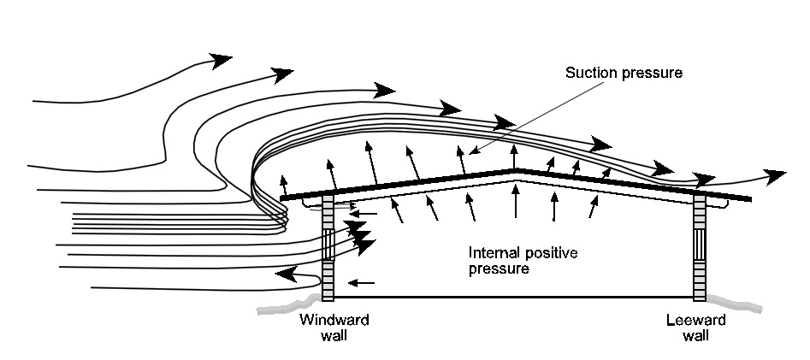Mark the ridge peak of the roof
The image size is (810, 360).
(515, 171)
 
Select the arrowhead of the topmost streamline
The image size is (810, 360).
(222, 59)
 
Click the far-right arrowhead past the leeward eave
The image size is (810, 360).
(776, 176)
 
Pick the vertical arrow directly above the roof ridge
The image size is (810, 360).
(514, 156)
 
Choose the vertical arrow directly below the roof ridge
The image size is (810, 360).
(515, 204)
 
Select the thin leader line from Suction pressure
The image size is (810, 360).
(521, 116)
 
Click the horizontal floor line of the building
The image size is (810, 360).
(513, 298)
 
